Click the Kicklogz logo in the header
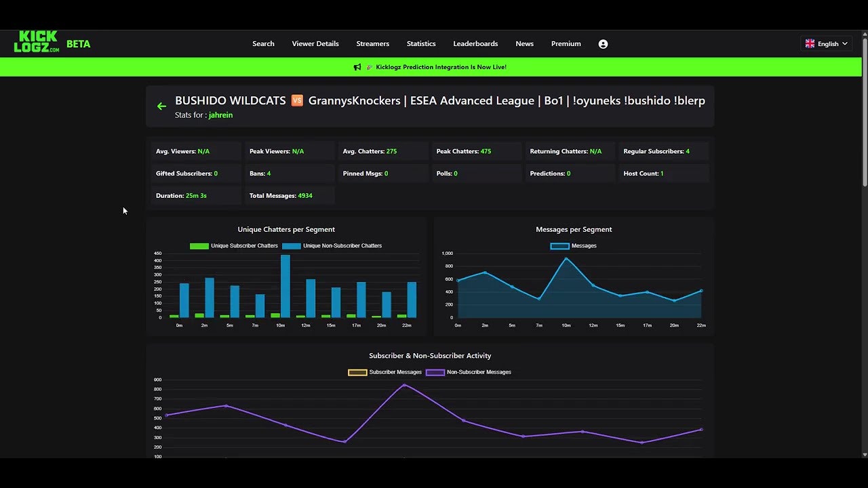[37, 42]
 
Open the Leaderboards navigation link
[475, 43]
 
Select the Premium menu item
[566, 43]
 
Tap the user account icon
[603, 44]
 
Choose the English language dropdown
[826, 43]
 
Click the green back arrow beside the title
[161, 106]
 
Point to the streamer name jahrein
[220, 115]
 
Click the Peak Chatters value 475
[486, 151]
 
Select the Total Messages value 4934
[305, 195]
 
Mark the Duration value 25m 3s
[196, 195]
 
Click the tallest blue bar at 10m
[285, 286]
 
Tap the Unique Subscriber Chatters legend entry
[234, 245]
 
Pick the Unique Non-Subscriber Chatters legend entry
[332, 245]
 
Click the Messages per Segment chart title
[574, 229]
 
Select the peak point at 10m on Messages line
[566, 258]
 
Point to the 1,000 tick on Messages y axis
[447, 253]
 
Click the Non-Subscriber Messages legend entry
[469, 372]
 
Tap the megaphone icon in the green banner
[357, 67]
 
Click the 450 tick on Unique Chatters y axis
[157, 253]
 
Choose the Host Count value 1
[662, 174]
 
